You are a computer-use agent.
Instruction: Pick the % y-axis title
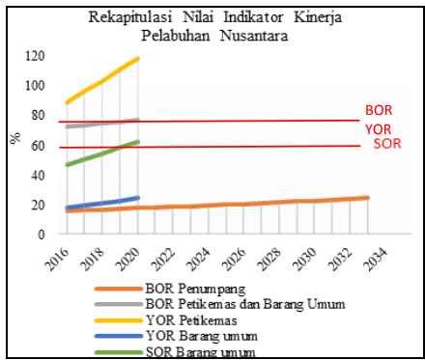point(14,138)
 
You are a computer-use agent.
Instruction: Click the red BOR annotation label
point(378,110)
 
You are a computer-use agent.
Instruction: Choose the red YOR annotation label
point(378,129)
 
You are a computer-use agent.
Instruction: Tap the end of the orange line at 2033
point(367,198)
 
